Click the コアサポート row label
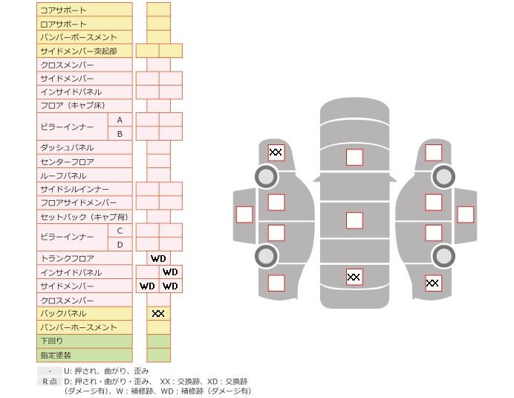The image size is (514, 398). (x=63, y=10)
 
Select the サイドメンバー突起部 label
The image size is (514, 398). (x=78, y=51)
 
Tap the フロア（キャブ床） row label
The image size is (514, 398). (x=73, y=106)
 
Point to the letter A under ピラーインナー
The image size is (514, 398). (x=120, y=120)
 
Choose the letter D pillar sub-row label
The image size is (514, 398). (x=120, y=245)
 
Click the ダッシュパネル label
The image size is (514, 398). (x=67, y=148)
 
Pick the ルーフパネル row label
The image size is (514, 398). (x=63, y=176)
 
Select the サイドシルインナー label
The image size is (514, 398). (x=74, y=190)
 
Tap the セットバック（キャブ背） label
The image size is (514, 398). (x=83, y=217)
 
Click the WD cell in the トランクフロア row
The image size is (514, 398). (x=158, y=259)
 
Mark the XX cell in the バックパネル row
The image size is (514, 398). (x=158, y=314)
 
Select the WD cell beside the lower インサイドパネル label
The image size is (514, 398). (x=170, y=272)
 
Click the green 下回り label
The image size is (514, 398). (x=52, y=341)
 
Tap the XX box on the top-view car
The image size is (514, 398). (x=354, y=277)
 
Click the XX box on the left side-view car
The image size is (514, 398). (x=276, y=153)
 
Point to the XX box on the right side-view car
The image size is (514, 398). (x=433, y=283)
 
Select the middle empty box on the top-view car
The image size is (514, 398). (x=354, y=220)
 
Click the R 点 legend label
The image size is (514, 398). (x=50, y=382)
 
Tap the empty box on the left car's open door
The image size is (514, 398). (x=244, y=214)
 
